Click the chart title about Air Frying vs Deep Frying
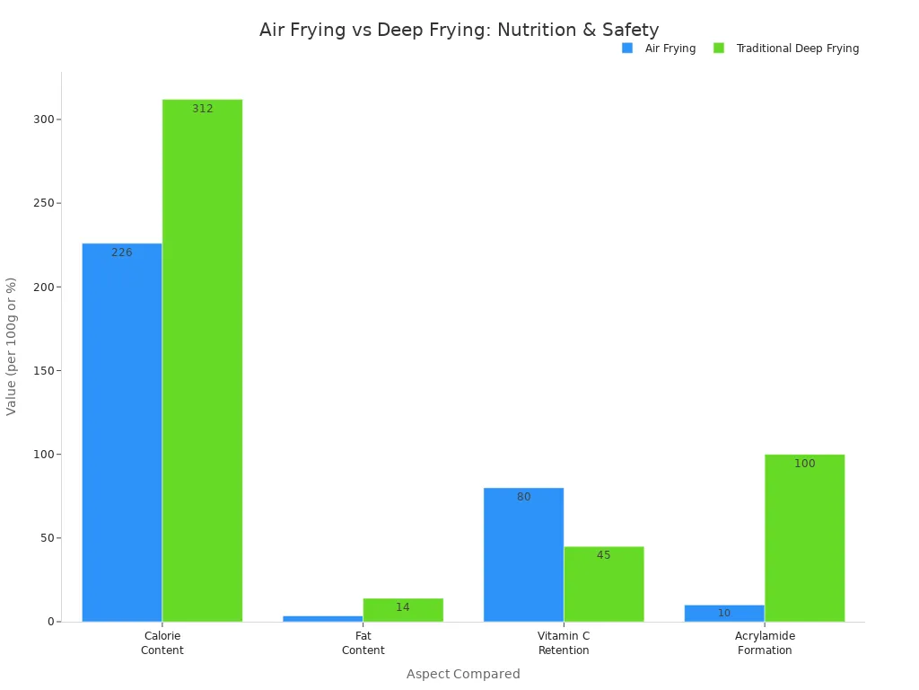pyautogui.click(x=459, y=31)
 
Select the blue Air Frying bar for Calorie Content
pyautogui.click(x=122, y=431)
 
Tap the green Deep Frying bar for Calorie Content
pyautogui.click(x=202, y=359)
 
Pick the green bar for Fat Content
pyautogui.click(x=403, y=611)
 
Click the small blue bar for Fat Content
pyautogui.click(x=323, y=618)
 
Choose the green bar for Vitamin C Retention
pyautogui.click(x=603, y=584)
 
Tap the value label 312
pyautogui.click(x=203, y=109)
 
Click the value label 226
pyautogui.click(x=122, y=252)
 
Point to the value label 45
pyautogui.click(x=603, y=555)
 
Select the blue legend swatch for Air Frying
pyautogui.click(x=627, y=49)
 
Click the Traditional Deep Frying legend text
pyautogui.click(x=797, y=49)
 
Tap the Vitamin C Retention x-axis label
pyautogui.click(x=564, y=642)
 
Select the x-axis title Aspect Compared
pyautogui.click(x=463, y=674)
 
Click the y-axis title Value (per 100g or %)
pyautogui.click(x=12, y=346)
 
